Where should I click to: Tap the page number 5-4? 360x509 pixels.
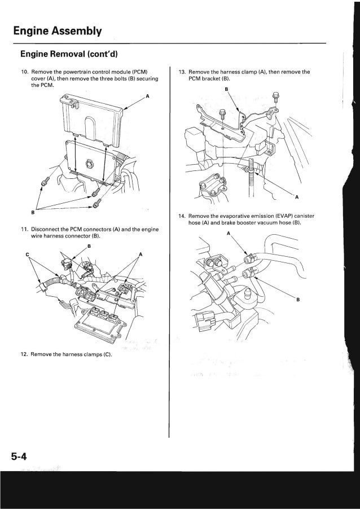click(17, 454)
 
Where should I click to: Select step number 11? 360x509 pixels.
click(24, 230)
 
